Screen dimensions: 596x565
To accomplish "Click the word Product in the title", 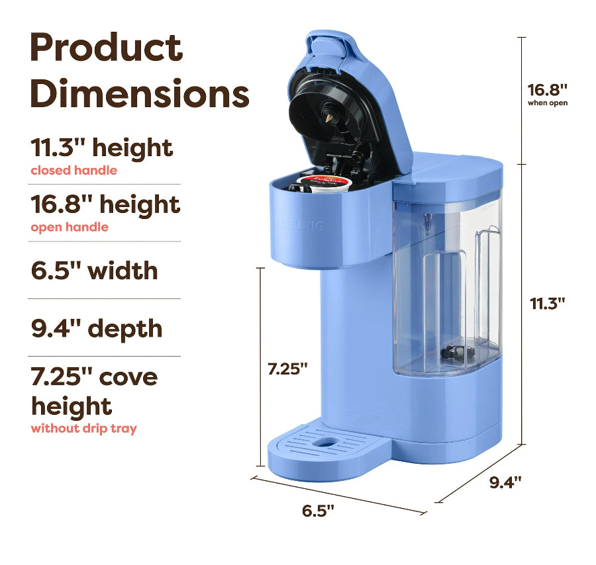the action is point(107,48).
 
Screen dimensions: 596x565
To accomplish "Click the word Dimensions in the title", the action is point(140,93).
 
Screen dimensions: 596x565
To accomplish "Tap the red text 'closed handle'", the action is point(74,171).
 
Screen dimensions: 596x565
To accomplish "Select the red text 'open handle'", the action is point(70,227).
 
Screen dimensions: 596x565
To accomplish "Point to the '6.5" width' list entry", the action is point(94,271).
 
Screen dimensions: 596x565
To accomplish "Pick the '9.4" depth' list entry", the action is point(97,329).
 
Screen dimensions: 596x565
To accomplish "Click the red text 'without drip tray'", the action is point(83,428).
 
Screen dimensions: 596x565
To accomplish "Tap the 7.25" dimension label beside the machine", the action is point(287,369).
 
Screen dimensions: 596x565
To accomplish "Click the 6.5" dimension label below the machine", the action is point(318,511).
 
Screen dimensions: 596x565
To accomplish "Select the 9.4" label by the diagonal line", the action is point(505,482).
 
